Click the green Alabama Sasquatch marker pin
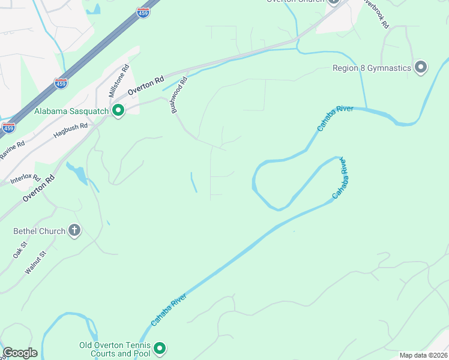(118, 110)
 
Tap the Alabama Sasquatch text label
(71, 111)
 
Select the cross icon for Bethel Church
(74, 230)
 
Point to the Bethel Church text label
(39, 231)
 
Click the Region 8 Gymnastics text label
(372, 68)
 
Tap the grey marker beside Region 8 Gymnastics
(421, 67)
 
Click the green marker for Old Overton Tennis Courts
(160, 348)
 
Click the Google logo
(20, 353)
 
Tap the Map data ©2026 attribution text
(423, 355)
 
